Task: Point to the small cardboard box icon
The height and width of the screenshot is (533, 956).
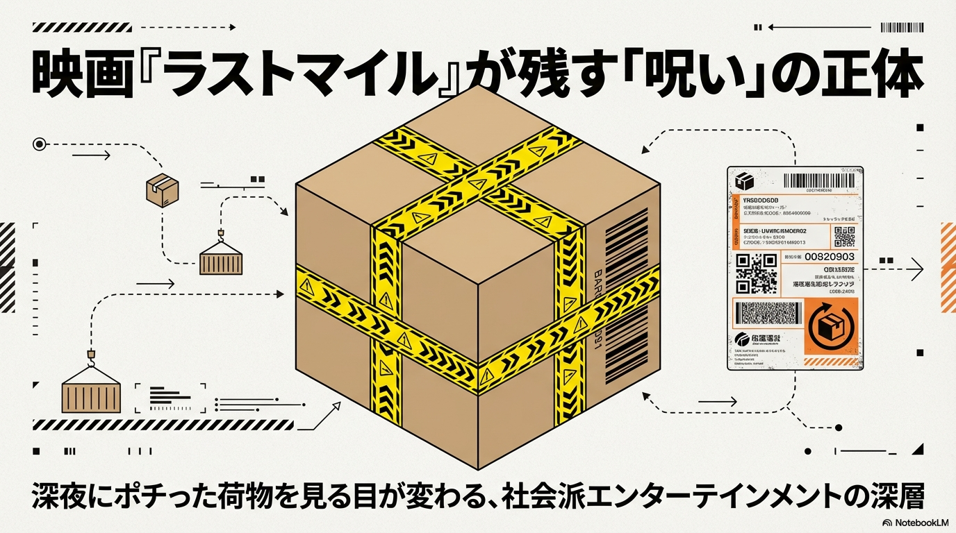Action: [162, 189]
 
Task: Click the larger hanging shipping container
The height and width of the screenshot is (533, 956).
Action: [91, 394]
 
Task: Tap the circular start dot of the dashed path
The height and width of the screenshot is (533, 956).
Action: [39, 144]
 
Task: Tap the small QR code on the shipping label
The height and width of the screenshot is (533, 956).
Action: [843, 237]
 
